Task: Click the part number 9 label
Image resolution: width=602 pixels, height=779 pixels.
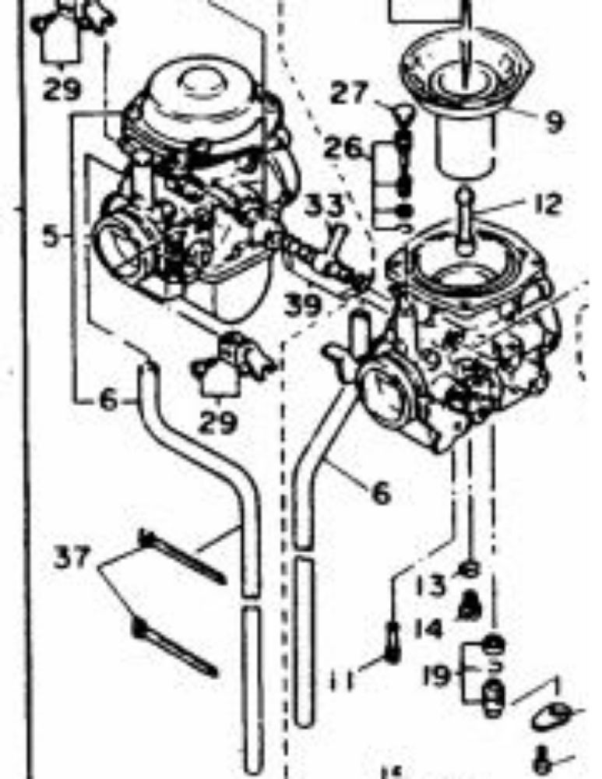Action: pos(554,122)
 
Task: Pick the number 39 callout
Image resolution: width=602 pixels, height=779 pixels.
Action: pos(303,305)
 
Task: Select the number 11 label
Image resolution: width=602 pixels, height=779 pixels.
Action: pos(341,682)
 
